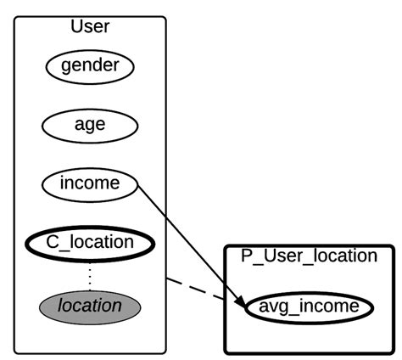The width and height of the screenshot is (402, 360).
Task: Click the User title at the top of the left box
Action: pyautogui.click(x=89, y=26)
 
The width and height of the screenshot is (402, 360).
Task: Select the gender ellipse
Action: pyautogui.click(x=89, y=65)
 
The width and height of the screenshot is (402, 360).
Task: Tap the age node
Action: pyautogui.click(x=89, y=124)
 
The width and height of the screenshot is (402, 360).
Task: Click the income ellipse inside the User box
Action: pyautogui.click(x=89, y=183)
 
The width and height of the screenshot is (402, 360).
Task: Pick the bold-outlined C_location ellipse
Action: pyautogui.click(x=89, y=243)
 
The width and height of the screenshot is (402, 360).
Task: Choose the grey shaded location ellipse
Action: pyautogui.click(x=89, y=305)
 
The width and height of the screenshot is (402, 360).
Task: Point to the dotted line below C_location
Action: pyautogui.click(x=89, y=273)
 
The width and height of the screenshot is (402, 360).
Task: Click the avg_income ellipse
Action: pyautogui.click(x=309, y=306)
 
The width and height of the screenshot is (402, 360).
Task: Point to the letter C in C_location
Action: pyautogui.click(x=52, y=243)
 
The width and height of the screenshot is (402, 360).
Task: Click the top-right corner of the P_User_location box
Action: pyautogui.click(x=393, y=247)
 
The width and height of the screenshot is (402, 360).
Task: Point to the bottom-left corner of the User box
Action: pyautogui.click(x=14, y=352)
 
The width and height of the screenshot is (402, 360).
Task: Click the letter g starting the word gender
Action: pyautogui.click(x=65, y=65)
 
